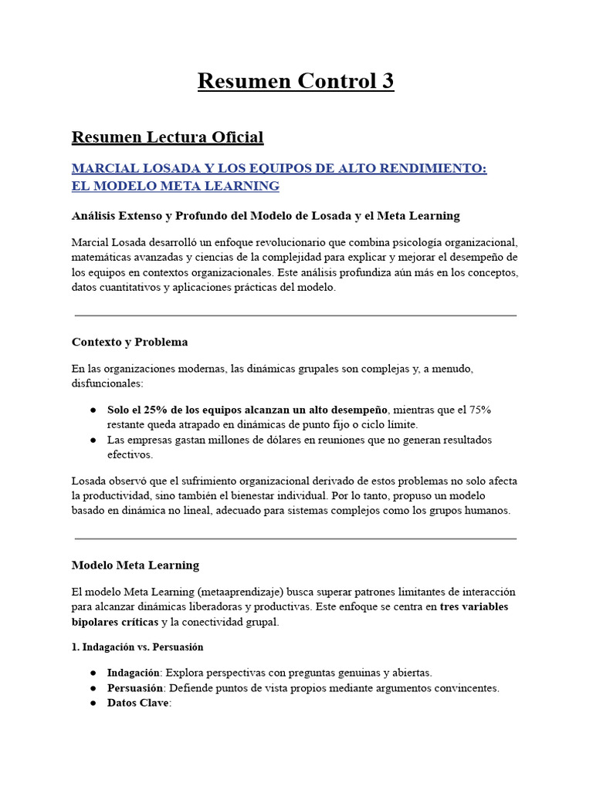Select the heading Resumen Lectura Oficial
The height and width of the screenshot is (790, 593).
tap(168, 137)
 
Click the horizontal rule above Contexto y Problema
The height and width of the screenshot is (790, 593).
tap(296, 316)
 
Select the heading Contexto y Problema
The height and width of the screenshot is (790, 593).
tap(130, 342)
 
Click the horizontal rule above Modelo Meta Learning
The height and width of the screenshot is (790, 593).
tap(296, 538)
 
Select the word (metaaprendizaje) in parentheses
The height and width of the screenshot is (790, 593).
tap(240, 592)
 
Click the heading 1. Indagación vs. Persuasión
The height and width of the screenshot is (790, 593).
tap(137, 647)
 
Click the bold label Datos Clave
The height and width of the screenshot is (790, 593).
tap(137, 703)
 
